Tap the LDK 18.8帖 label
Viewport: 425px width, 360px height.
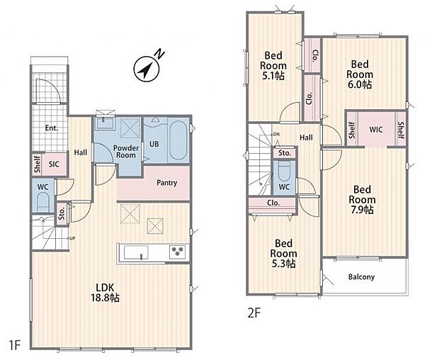point(105,293)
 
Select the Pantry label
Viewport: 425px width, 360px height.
point(166,183)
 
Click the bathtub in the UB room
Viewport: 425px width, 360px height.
point(178,140)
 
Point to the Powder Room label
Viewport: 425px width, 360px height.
point(126,152)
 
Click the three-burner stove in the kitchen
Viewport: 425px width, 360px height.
point(178,252)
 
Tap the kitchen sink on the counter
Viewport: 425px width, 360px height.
point(136,252)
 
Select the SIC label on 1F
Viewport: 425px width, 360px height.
point(54,164)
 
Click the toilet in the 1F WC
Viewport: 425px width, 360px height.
point(42,202)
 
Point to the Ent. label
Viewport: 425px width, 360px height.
point(52,128)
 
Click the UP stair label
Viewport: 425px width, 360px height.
point(72,239)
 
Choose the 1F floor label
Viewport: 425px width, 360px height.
point(15,345)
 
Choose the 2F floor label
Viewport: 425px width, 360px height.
point(254,313)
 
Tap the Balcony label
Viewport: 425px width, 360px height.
point(361,277)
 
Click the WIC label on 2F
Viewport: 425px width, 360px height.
point(376,130)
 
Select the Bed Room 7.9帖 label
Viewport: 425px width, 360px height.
point(362,200)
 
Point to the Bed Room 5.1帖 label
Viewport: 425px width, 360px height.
point(273,66)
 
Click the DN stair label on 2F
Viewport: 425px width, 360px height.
point(276,135)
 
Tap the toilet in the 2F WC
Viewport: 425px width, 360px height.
point(284,171)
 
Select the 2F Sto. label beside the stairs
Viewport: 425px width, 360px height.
point(285,153)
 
